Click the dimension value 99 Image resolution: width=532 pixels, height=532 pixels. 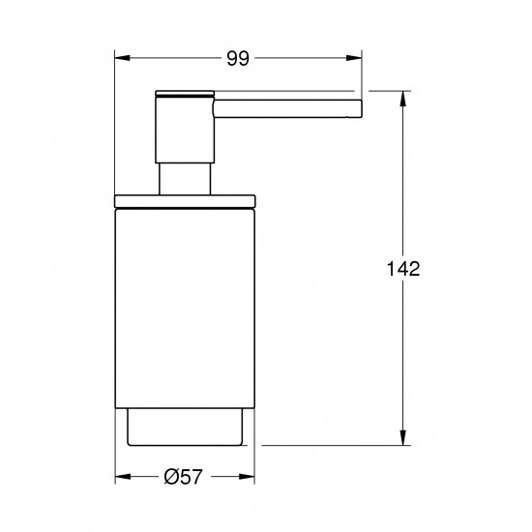238,59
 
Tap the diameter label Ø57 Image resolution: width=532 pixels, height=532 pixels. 184,476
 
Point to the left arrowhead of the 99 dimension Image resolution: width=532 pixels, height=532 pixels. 120,59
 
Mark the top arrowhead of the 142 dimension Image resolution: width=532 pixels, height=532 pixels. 402,95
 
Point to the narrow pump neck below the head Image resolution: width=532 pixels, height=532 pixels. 184,178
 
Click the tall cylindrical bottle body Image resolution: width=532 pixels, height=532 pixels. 184,310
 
